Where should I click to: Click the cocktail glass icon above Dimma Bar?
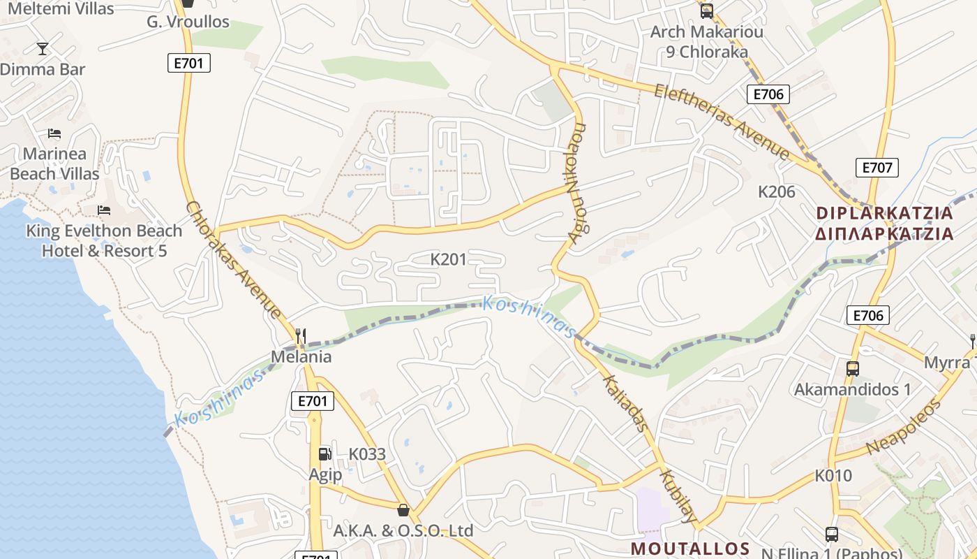pos(43,48)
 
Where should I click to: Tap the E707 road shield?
pos(877,168)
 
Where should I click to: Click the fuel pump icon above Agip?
pos(325,454)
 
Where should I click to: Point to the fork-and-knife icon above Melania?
pos(301,336)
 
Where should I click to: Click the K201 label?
pos(448,260)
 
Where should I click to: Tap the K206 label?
pos(777,192)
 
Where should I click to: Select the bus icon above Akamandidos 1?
pos(852,368)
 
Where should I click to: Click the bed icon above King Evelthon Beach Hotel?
pos(104,210)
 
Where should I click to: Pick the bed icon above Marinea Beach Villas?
pos(54,133)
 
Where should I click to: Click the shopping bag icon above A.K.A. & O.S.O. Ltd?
pos(403,509)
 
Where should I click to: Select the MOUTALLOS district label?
pos(690,549)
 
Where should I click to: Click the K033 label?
pos(367,454)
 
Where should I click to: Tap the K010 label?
pos(833,476)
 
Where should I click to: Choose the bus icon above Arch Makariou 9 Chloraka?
pos(706,10)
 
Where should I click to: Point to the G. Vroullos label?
pos(188,22)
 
